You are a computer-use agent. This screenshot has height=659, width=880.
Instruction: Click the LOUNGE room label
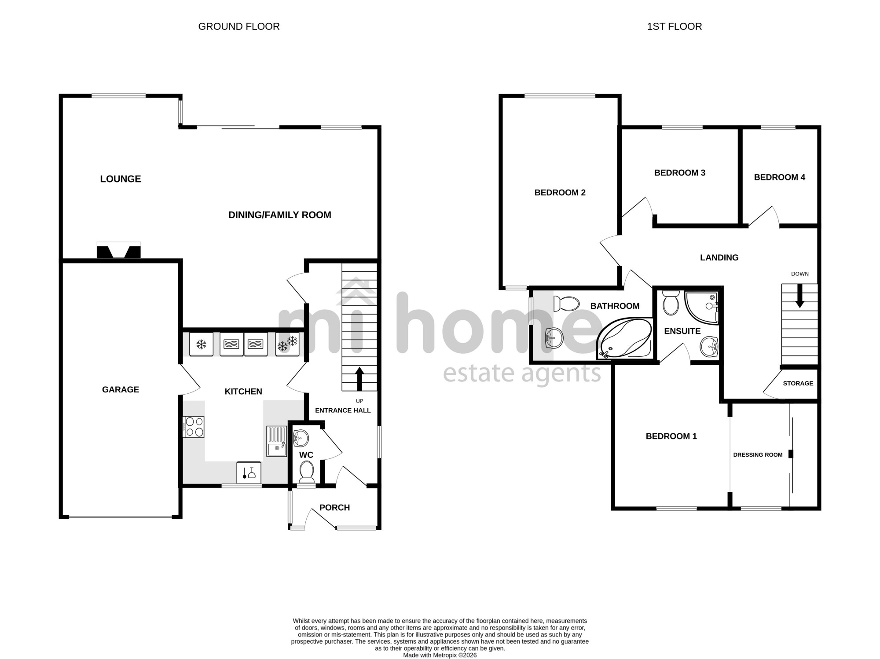(x=121, y=179)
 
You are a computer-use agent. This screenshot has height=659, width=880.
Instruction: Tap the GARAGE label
(x=121, y=390)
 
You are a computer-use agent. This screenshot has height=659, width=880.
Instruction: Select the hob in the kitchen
(x=194, y=427)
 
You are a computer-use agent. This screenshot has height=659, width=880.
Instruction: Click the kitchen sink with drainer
(x=276, y=441)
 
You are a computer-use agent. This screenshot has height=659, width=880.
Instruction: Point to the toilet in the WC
(x=306, y=472)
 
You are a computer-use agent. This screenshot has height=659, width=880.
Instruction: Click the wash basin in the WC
(x=301, y=438)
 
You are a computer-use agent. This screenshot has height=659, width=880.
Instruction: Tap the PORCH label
(x=335, y=508)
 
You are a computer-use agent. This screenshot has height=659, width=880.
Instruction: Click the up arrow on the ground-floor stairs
(x=359, y=379)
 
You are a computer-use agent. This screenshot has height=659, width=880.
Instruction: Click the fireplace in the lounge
(x=119, y=250)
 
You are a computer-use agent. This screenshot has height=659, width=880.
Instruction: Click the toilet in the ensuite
(x=671, y=302)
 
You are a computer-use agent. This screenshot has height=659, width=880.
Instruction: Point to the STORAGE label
(x=798, y=384)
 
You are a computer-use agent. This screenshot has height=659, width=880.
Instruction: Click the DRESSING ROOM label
(x=758, y=455)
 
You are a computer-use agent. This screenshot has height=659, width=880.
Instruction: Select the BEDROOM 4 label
(x=780, y=177)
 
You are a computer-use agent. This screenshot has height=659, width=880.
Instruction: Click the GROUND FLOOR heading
(x=239, y=27)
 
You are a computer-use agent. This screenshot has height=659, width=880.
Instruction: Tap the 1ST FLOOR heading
(x=675, y=27)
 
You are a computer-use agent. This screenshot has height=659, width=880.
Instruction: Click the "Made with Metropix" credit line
(x=440, y=655)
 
